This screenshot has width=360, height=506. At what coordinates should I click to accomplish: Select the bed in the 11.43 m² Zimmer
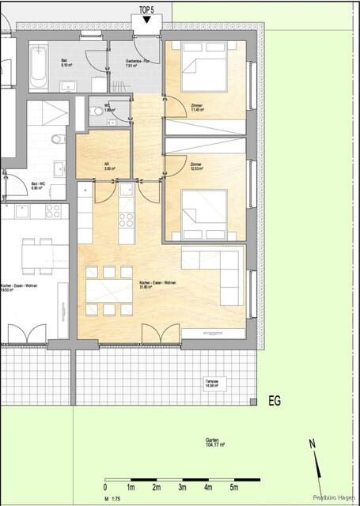(203, 72)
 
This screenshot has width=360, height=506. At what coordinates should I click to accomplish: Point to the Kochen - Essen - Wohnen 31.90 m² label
(159, 285)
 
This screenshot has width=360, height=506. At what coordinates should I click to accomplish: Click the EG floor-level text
(275, 401)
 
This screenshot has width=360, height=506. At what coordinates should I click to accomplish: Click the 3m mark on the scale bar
(183, 488)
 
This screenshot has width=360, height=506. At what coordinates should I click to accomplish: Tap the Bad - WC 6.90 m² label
(40, 187)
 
